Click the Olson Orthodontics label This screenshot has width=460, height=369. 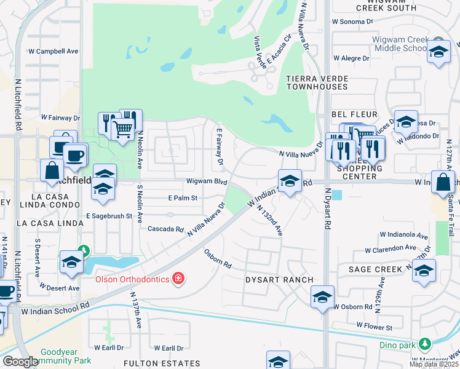[x=133, y=279]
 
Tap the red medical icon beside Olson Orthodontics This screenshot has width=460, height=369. [x=178, y=279]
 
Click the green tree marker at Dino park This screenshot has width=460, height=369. [x=424, y=343]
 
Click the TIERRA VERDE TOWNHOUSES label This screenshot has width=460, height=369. [x=317, y=83]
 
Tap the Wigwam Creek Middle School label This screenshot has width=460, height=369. [x=399, y=44]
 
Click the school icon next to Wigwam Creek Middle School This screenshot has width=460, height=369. [x=438, y=52]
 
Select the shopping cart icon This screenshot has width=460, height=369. [x=123, y=129]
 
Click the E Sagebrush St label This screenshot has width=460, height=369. [x=109, y=216]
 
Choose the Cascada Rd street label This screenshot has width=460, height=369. [x=166, y=229]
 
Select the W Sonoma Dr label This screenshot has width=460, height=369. [x=352, y=21]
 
